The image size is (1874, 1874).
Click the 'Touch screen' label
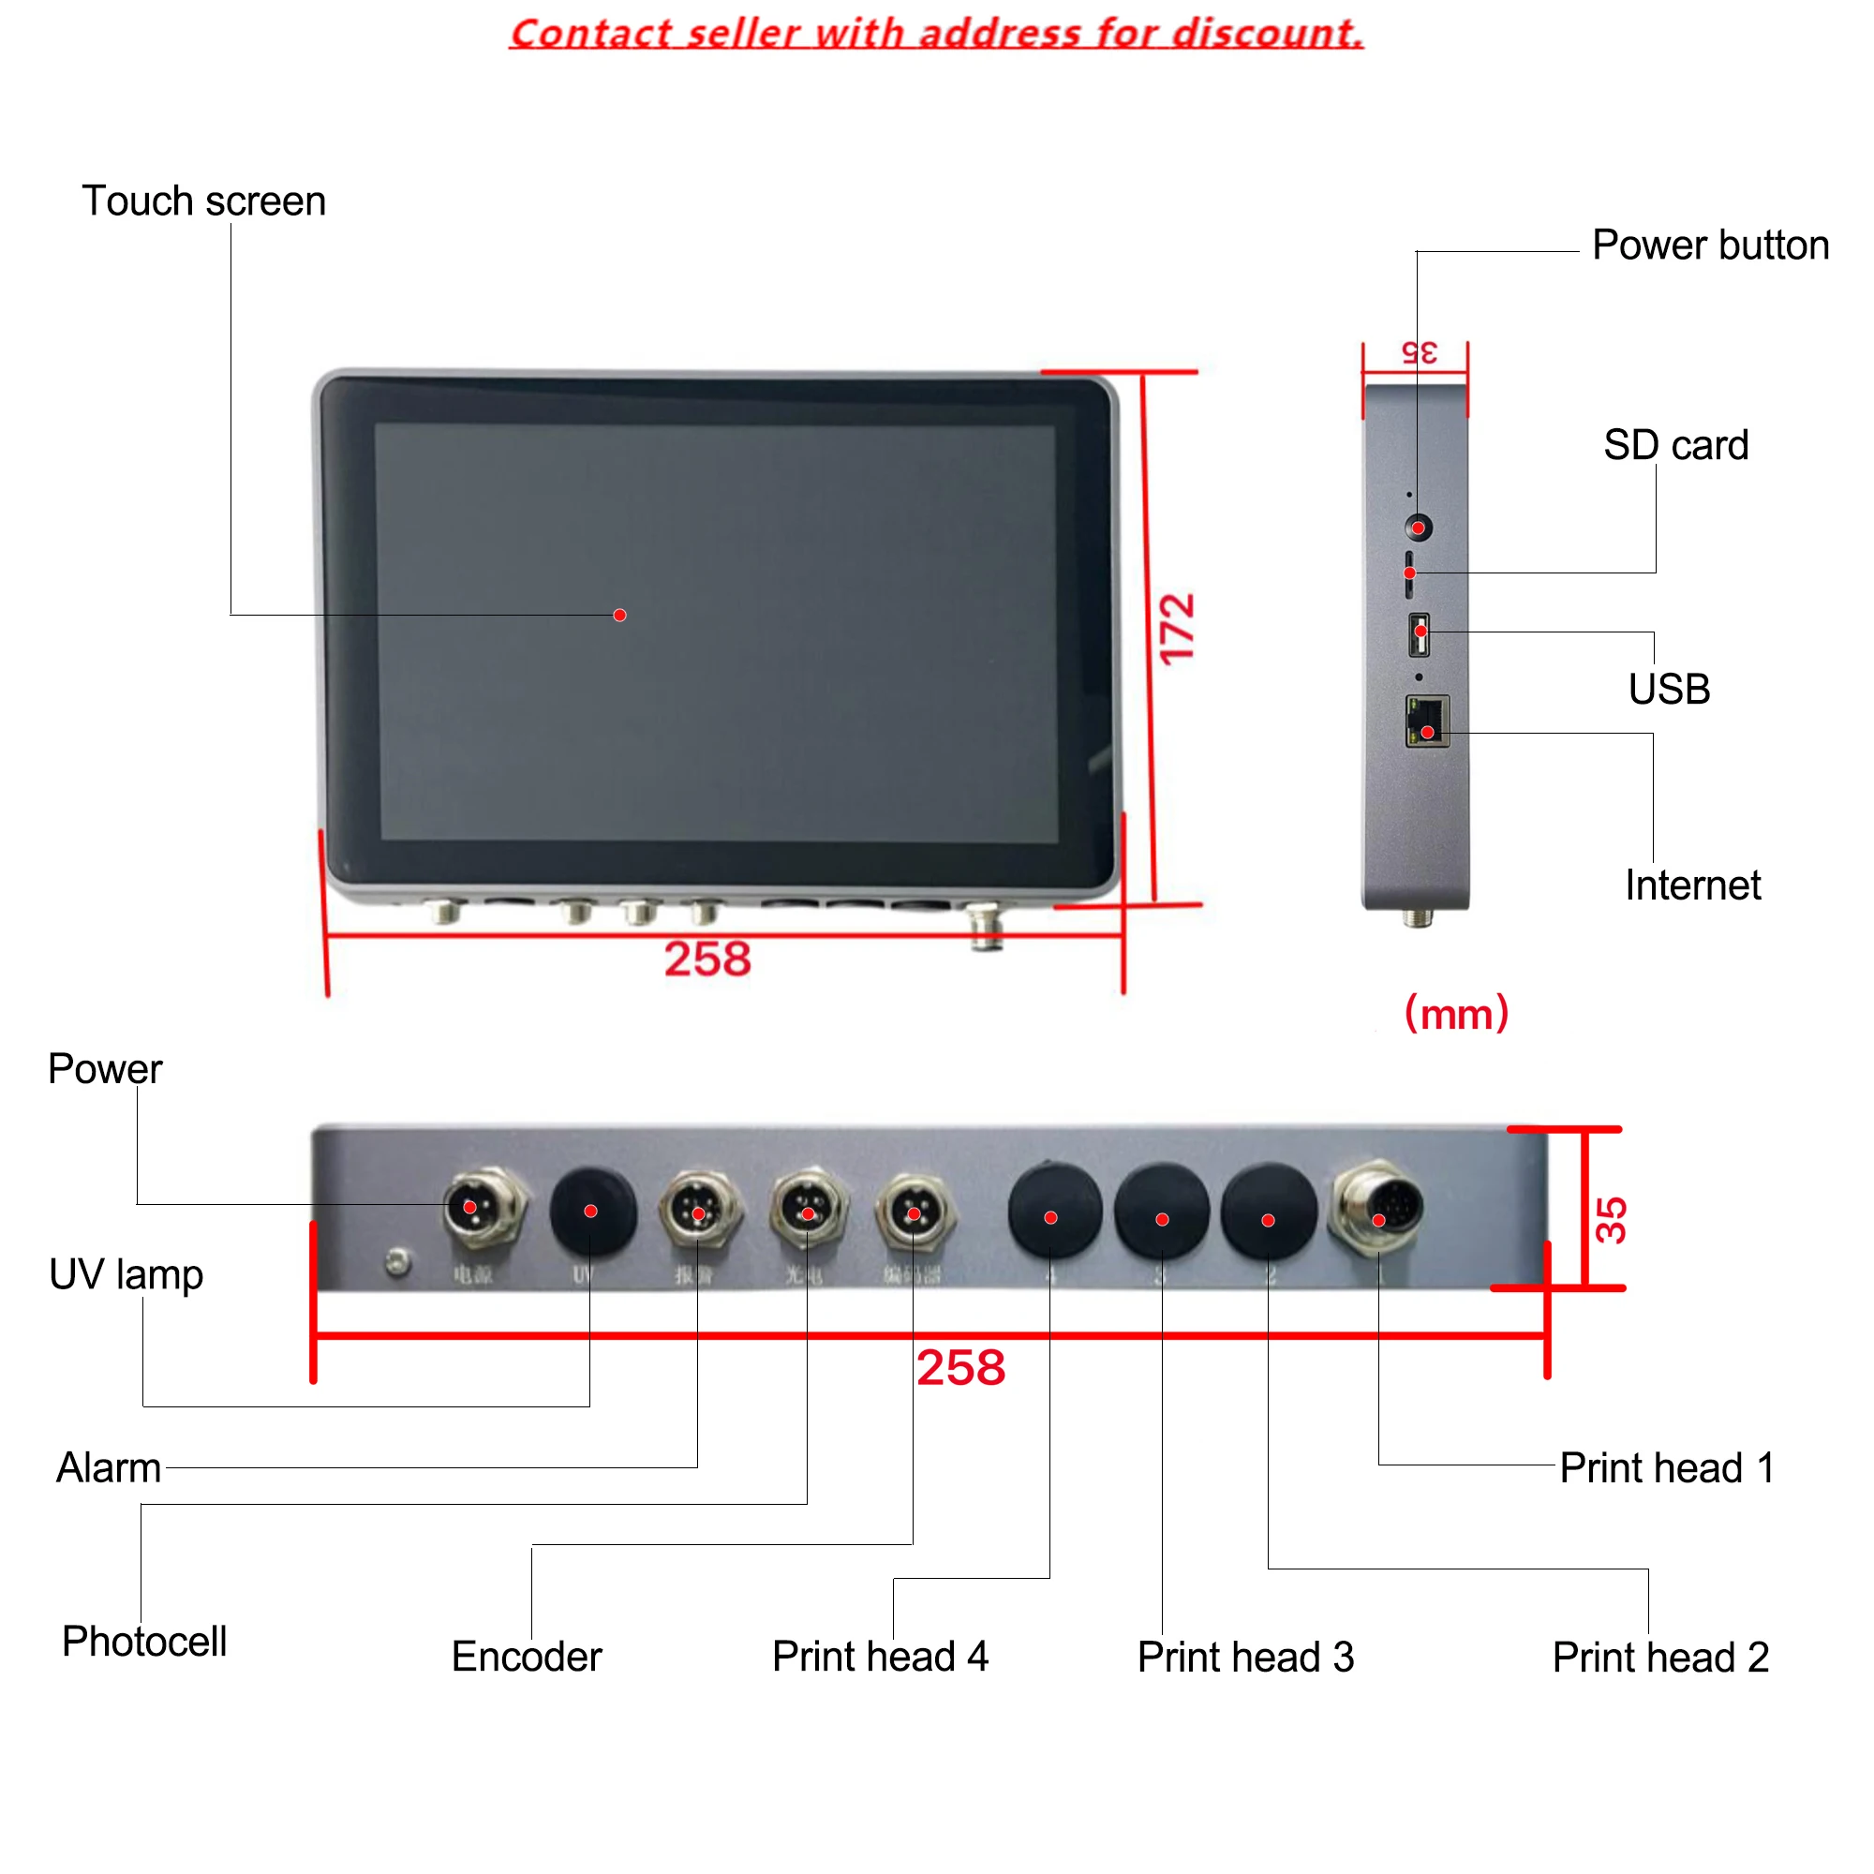[x=203, y=201]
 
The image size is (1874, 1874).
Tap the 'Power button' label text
[x=1710, y=245]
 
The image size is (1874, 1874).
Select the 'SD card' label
[x=1675, y=445]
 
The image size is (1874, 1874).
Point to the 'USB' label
[x=1669, y=690]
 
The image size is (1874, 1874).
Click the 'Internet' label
[x=1691, y=885]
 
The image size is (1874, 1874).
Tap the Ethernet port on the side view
[x=1427, y=721]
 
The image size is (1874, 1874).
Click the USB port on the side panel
[x=1418, y=633]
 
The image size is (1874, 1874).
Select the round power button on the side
[x=1418, y=528]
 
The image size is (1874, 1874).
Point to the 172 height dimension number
[x=1178, y=629]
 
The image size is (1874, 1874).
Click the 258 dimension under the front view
[x=707, y=959]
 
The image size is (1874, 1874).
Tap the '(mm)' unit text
[x=1456, y=1014]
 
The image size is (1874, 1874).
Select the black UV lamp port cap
[x=591, y=1212]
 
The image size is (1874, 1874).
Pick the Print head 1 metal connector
[x=1377, y=1209]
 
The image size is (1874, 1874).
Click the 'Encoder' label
[x=526, y=1657]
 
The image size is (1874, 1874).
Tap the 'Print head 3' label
[x=1244, y=1658]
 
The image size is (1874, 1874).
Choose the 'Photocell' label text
[x=144, y=1643]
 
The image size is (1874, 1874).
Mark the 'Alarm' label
[x=109, y=1467]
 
